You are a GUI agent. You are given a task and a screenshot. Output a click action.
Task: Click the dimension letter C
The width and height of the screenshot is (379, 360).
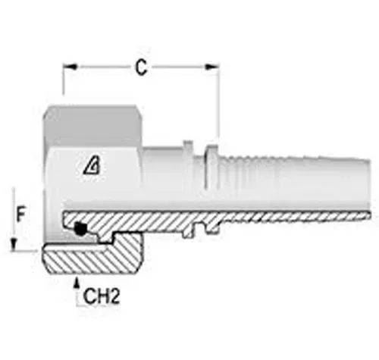[x=141, y=67]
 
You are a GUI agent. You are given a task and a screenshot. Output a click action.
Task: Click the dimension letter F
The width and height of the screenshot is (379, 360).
[x=20, y=214]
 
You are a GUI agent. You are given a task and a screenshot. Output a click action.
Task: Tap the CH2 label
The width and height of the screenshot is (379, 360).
[x=102, y=296]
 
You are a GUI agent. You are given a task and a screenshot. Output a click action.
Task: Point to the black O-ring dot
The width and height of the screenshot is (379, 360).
[x=80, y=229]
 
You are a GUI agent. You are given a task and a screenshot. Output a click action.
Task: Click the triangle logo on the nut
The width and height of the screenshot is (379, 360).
[x=92, y=164]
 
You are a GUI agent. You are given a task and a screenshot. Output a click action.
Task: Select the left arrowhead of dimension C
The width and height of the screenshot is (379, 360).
[x=70, y=67]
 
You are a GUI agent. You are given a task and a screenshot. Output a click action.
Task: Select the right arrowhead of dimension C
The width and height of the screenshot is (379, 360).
[x=211, y=67]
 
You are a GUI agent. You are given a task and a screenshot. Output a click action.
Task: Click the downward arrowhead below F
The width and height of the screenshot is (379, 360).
[x=14, y=245]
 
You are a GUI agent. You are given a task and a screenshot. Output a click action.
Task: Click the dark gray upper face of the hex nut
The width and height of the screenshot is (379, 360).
[x=92, y=126]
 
